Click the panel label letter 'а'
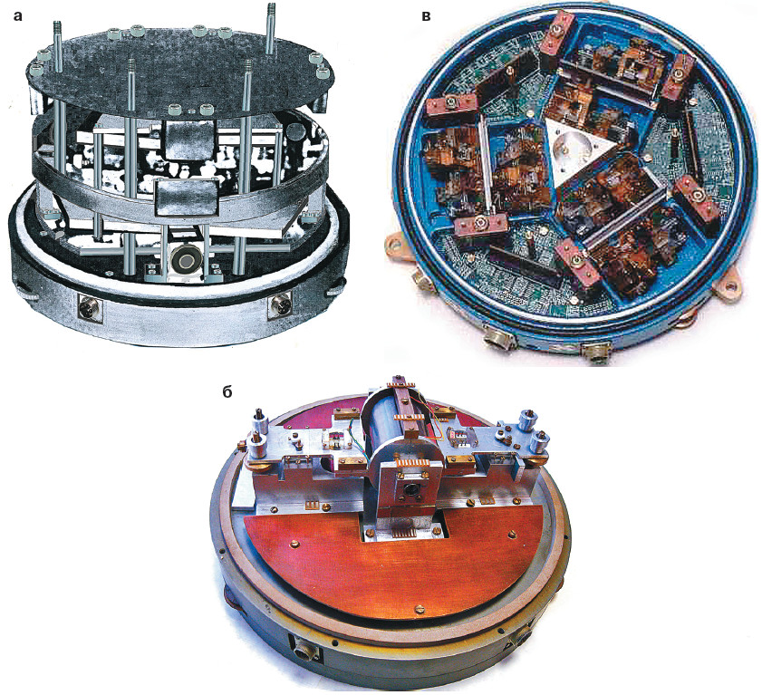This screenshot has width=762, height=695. pos(18,16)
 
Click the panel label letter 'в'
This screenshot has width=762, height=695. pos(426,17)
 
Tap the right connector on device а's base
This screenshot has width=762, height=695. pos(281,305)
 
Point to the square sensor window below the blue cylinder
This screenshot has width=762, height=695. pos(411,489)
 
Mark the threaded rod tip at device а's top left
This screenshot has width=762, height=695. pos(58,27)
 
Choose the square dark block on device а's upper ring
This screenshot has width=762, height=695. pos(188,140)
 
